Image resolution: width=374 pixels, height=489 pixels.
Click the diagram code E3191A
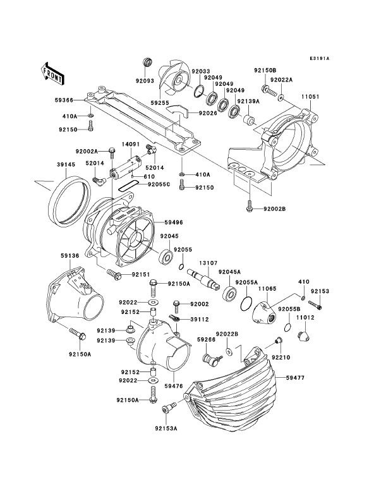(x=320, y=58)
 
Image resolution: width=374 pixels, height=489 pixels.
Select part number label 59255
(x=159, y=102)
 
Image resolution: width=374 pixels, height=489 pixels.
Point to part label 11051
(x=310, y=97)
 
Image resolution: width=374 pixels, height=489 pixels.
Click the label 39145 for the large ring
(x=66, y=164)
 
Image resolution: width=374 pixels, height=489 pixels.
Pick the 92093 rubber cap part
(x=147, y=62)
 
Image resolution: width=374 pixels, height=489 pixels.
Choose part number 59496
(x=174, y=222)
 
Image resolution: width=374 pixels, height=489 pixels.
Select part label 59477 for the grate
(x=295, y=378)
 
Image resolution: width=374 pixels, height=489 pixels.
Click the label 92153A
(x=166, y=428)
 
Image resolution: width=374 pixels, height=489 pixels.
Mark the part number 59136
(x=70, y=255)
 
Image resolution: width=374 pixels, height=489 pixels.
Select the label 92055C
(x=159, y=184)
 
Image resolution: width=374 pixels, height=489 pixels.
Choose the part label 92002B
(x=274, y=208)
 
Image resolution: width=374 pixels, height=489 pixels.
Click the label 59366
(x=64, y=100)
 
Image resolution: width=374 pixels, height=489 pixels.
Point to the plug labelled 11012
(x=303, y=336)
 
